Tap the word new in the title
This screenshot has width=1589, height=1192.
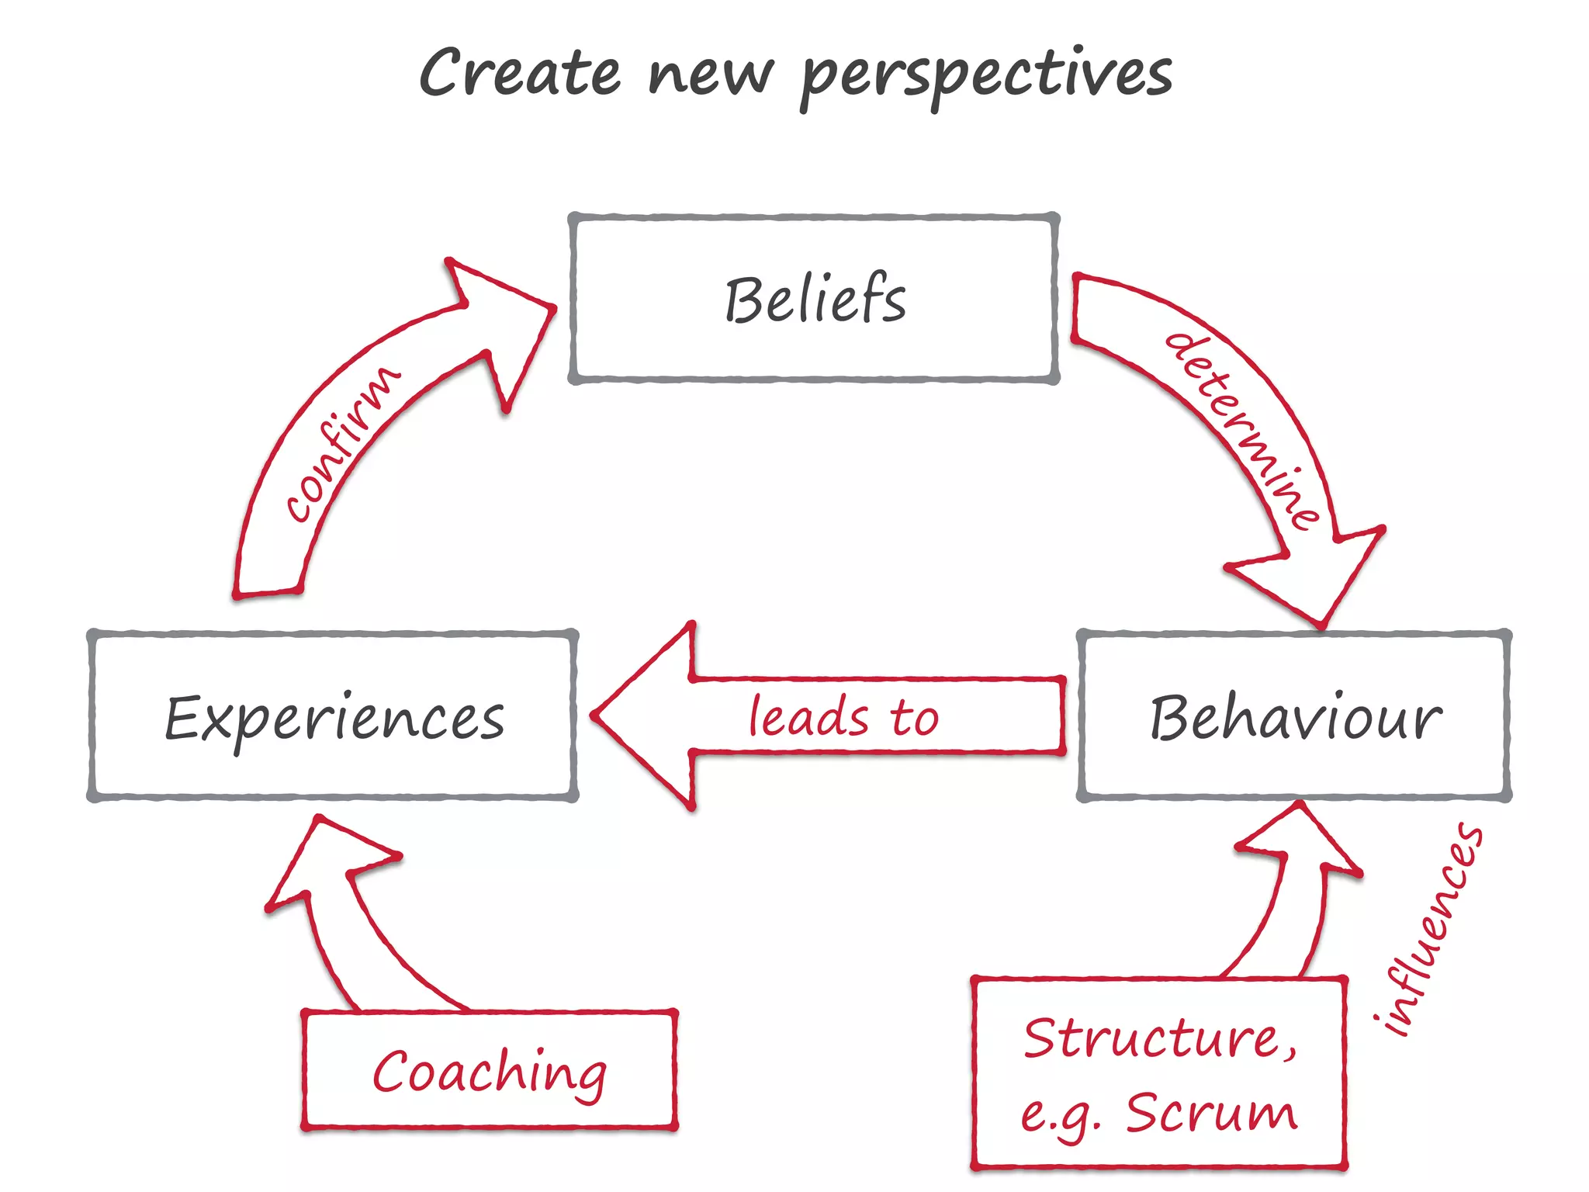(710, 75)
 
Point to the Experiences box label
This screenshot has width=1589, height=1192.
(334, 718)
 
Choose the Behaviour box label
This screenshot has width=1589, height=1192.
(1295, 718)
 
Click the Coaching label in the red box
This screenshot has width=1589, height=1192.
(490, 1072)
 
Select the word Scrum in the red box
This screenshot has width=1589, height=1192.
(1211, 1113)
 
